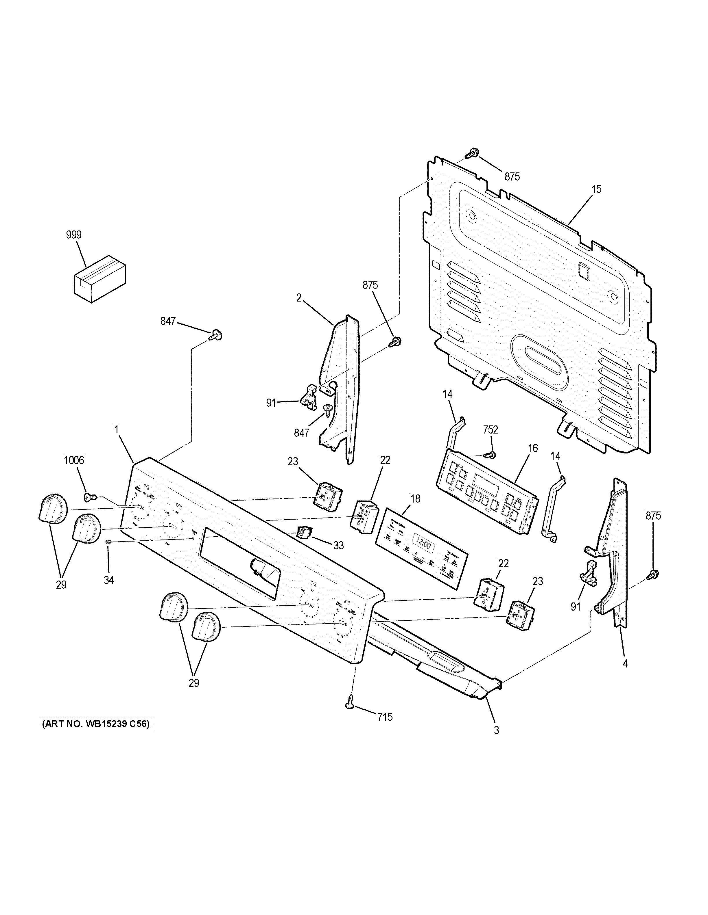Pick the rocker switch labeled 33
pyautogui.click(x=303, y=532)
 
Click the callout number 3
pyautogui.click(x=496, y=730)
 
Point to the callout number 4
pyautogui.click(x=625, y=675)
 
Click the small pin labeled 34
pyautogui.click(x=108, y=542)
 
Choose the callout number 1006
pyautogui.click(x=74, y=460)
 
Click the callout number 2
pyautogui.click(x=299, y=298)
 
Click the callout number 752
pyautogui.click(x=490, y=429)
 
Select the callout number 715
pyautogui.click(x=385, y=717)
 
